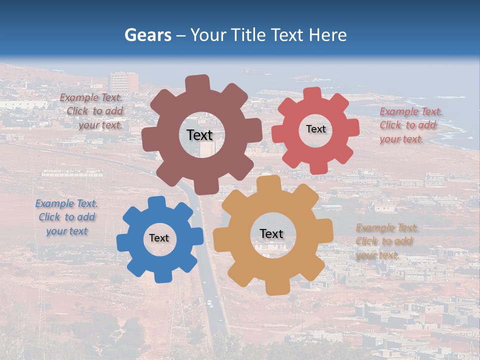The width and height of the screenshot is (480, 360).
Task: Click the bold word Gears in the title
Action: [147, 35]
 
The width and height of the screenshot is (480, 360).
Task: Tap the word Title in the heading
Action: [248, 35]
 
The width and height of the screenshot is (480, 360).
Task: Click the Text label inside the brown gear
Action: [199, 135]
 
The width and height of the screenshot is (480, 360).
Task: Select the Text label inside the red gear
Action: [315, 129]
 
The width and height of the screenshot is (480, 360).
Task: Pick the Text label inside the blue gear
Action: [159, 238]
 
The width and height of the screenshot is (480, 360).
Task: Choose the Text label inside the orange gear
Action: [271, 233]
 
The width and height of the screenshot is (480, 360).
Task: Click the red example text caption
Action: [410, 125]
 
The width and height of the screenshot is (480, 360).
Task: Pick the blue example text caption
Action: [66, 217]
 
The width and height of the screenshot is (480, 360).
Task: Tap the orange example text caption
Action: [386, 241]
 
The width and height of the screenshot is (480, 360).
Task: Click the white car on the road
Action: [209, 303]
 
